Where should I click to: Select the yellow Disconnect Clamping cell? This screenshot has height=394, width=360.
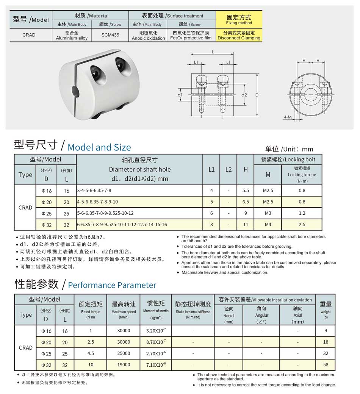pyautogui.click(x=239, y=35)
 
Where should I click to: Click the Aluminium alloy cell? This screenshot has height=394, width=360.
pyautogui.click(x=72, y=35)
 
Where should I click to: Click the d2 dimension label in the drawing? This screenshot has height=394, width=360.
pyautogui.click(x=244, y=95)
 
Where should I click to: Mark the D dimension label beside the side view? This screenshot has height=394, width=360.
pyautogui.click(x=257, y=94)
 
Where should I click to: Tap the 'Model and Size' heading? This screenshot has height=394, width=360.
pyautogui.click(x=99, y=147)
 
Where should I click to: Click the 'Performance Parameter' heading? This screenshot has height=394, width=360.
pyautogui.click(x=112, y=285)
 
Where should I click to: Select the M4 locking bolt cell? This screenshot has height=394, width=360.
pyautogui.click(x=268, y=224)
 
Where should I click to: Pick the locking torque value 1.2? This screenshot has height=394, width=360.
pyautogui.click(x=302, y=213)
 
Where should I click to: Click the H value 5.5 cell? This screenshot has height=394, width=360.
pyautogui.click(x=246, y=191)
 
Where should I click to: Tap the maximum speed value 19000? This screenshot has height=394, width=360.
pyautogui.click(x=124, y=365)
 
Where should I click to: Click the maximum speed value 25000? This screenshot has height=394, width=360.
pyautogui.click(x=124, y=353)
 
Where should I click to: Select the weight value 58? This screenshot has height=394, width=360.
pyautogui.click(x=326, y=365)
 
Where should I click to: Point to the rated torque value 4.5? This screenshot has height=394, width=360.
pyautogui.click(x=91, y=353)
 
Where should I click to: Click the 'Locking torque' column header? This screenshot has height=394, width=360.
pyautogui.click(x=302, y=175)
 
